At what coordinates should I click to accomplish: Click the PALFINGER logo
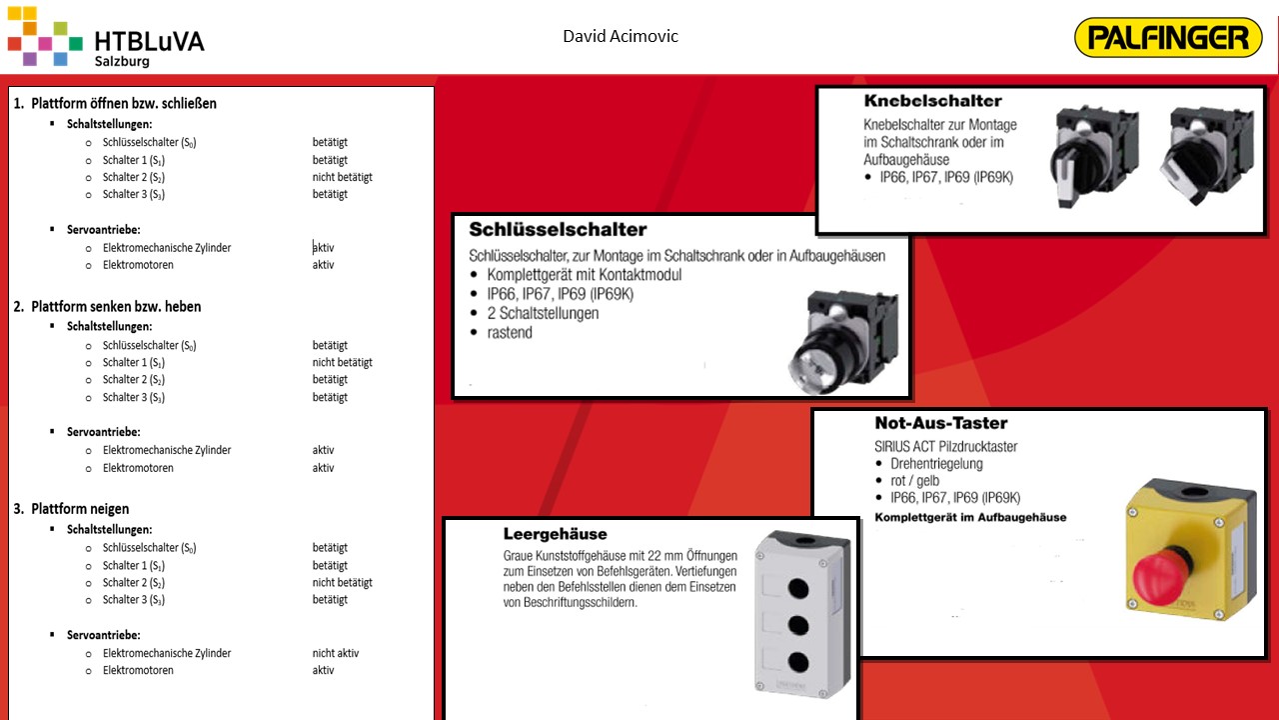point(1168,38)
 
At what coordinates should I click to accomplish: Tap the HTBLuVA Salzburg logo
point(105,40)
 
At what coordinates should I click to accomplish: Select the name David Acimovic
point(621,37)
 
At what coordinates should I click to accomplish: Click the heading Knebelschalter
point(932,101)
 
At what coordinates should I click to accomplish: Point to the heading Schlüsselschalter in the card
point(558,230)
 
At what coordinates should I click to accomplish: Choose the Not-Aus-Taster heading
point(940,423)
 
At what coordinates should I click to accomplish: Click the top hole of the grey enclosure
point(797,558)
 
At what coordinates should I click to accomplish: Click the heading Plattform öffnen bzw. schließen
point(123,103)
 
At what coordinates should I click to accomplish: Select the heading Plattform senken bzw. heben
point(116,306)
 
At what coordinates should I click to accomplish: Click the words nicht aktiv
point(335,653)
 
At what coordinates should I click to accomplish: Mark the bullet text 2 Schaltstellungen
point(543,313)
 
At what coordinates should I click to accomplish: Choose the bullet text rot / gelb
point(914,480)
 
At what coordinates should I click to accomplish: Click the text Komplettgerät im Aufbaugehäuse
point(970,517)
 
